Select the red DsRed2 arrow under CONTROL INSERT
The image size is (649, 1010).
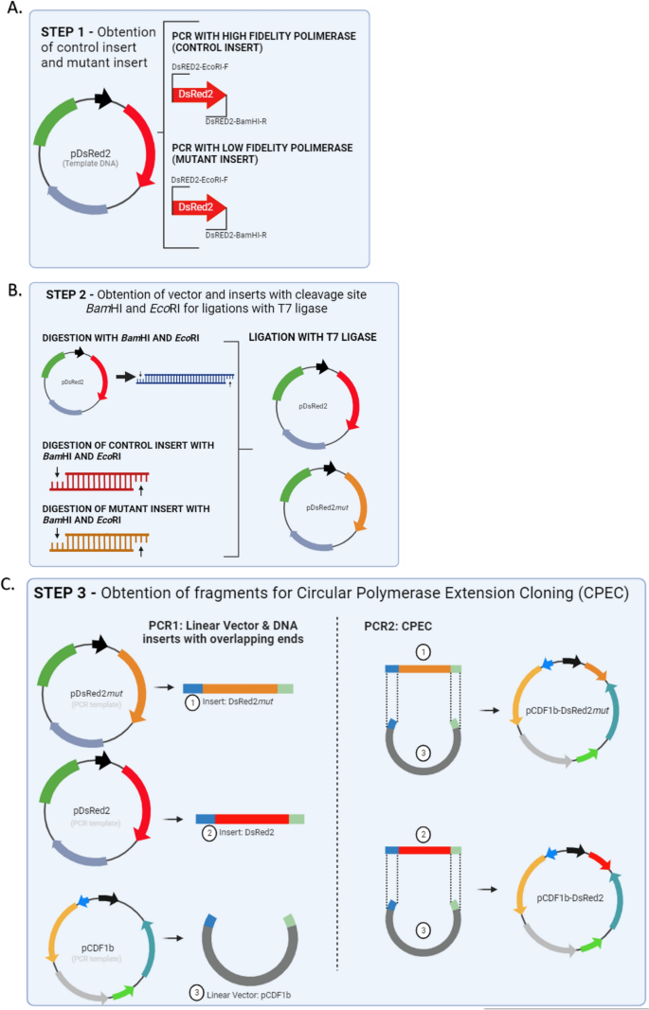pyautogui.click(x=200, y=95)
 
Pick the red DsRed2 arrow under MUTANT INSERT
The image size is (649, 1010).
pyautogui.click(x=200, y=205)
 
